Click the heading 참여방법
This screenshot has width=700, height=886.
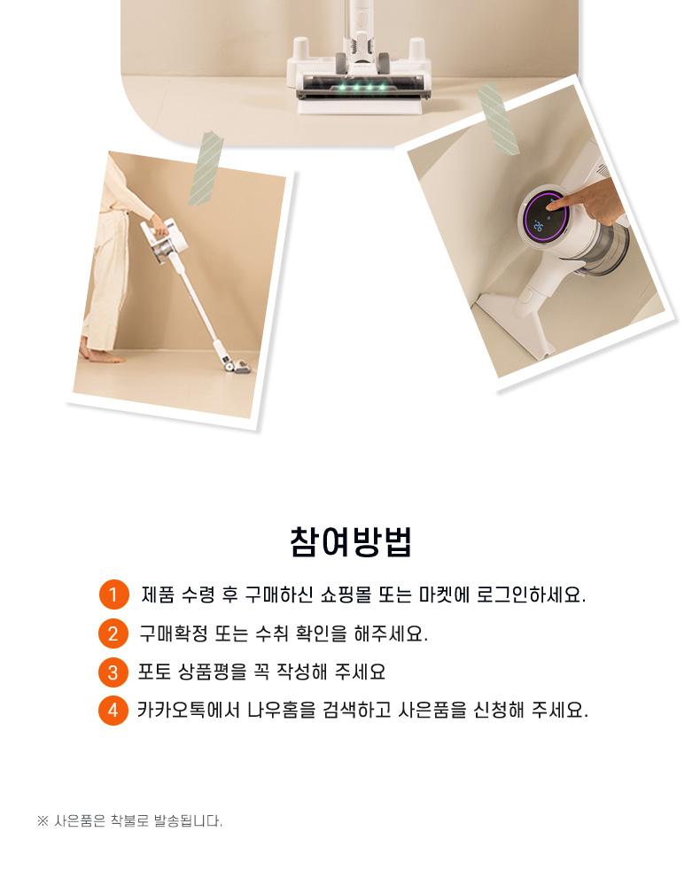coord(350,542)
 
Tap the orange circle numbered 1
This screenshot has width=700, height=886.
coord(113,595)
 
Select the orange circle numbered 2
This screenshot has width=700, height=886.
coord(113,633)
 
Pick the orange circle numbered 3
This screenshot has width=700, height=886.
coord(113,672)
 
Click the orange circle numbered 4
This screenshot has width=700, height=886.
coord(113,711)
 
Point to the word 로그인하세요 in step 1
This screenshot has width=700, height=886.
coord(531,595)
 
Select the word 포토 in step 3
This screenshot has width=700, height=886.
coord(154,672)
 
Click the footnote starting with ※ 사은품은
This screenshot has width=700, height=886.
coord(130,820)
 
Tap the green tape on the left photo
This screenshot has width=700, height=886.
coord(206,168)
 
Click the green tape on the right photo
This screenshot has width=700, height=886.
coord(498,120)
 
